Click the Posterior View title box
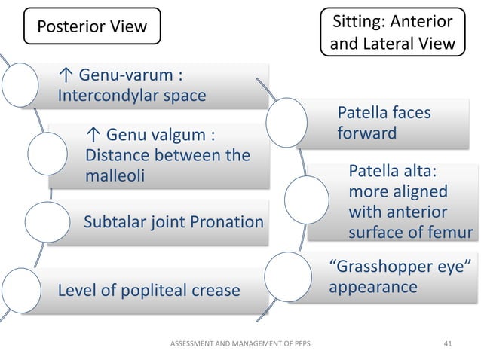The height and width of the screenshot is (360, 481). click(x=93, y=28)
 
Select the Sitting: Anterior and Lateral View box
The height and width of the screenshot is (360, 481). click(x=392, y=32)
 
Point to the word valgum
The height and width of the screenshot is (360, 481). click(x=177, y=136)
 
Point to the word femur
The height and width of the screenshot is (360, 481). click(x=451, y=233)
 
